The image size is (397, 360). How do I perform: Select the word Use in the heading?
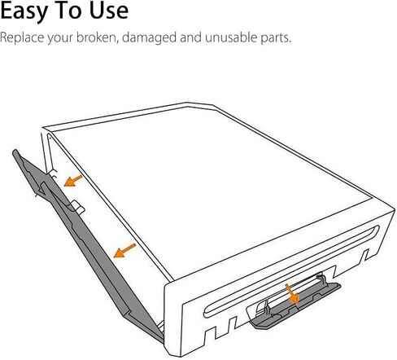pyautogui.click(x=109, y=11)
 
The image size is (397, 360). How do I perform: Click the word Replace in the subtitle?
pyautogui.click(x=22, y=37)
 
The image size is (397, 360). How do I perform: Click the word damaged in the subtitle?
pyautogui.click(x=150, y=38)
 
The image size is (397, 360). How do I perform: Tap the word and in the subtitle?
pyautogui.click(x=190, y=37)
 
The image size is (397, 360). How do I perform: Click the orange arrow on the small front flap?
pyautogui.click(x=292, y=293)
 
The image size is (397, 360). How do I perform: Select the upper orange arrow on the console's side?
pyautogui.click(x=72, y=181)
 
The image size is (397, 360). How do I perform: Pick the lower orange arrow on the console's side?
pyautogui.click(x=124, y=251)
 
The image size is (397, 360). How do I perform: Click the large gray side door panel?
pyautogui.click(x=89, y=244)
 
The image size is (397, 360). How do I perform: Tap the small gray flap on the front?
pyautogui.click(x=295, y=305)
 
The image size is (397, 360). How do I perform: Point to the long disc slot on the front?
pyautogui.click(x=291, y=271)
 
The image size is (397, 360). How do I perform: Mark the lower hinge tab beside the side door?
pyautogui.click(x=79, y=207)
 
